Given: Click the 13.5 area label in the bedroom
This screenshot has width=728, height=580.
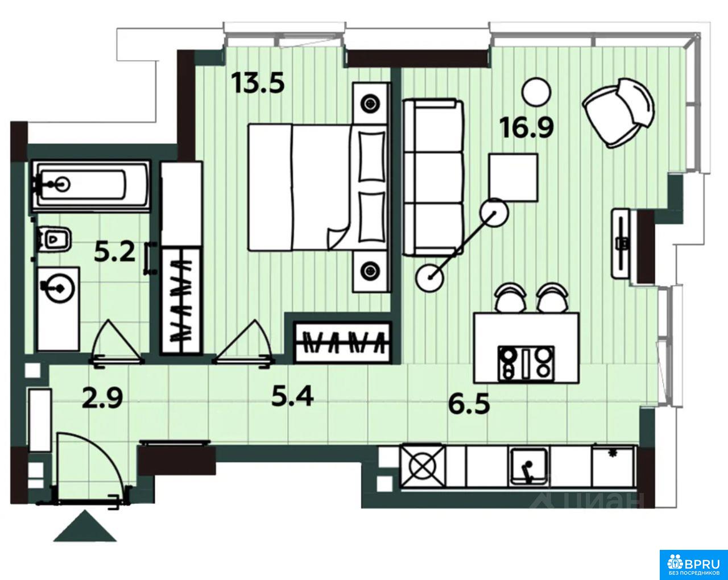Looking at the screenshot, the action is pyautogui.click(x=258, y=83).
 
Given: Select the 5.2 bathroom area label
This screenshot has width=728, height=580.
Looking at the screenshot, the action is pyautogui.click(x=115, y=252).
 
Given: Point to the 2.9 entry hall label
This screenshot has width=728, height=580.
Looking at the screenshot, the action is pyautogui.click(x=102, y=399).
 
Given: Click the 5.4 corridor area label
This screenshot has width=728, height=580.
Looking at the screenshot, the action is pyautogui.click(x=292, y=397).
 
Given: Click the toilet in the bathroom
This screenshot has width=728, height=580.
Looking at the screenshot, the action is pyautogui.click(x=54, y=239).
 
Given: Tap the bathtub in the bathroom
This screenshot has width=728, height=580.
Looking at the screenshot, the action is pyautogui.click(x=90, y=185).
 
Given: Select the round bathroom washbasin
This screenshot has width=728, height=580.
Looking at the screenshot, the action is pyautogui.click(x=60, y=288).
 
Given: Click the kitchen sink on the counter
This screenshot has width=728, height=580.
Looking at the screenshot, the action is pyautogui.click(x=529, y=467).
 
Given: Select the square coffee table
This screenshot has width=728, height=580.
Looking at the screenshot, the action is pyautogui.click(x=513, y=177).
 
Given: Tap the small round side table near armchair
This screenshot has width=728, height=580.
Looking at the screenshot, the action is pyautogui.click(x=536, y=92).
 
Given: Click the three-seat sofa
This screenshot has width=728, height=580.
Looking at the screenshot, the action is pyautogui.click(x=433, y=178).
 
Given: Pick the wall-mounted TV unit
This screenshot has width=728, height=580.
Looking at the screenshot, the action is pyautogui.click(x=622, y=243).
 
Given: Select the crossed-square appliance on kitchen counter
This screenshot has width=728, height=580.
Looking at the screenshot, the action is pyautogui.click(x=422, y=467).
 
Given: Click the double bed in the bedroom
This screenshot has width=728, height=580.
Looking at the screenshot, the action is pyautogui.click(x=318, y=188).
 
